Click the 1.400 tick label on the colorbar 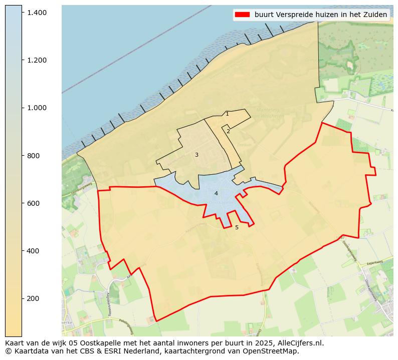(x=37, y=12)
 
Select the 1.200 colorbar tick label (x=37, y=60)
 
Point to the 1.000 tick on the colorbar (x=37, y=108)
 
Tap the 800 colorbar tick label (x=33, y=155)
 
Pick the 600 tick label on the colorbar (x=33, y=203)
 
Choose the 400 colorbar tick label (x=33, y=250)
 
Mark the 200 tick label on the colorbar (x=33, y=298)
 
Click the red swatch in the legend (x=242, y=15)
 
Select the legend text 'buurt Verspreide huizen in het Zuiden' (x=321, y=15)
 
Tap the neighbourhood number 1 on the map (x=227, y=114)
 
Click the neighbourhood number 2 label (x=228, y=131)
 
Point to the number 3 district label (x=196, y=155)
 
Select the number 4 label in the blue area (x=216, y=193)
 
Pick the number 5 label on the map (x=237, y=227)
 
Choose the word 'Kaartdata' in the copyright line (x=30, y=351)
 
